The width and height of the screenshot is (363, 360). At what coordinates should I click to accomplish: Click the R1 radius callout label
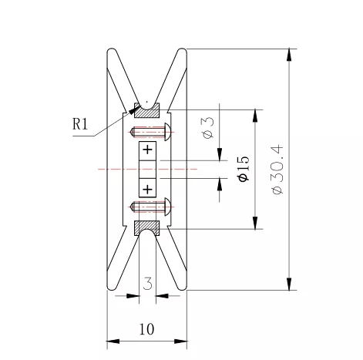[x=80, y=124]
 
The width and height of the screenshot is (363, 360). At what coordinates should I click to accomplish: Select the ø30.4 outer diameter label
[x=277, y=170]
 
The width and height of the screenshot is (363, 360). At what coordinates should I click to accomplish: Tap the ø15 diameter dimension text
[x=244, y=169]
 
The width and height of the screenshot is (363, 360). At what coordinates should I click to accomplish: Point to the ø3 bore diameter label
[x=208, y=128]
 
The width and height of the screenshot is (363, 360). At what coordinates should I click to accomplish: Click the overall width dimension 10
[x=146, y=329]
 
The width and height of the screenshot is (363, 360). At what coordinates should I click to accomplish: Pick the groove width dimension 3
[x=147, y=284]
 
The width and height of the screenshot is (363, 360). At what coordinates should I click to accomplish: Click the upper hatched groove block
[x=147, y=110]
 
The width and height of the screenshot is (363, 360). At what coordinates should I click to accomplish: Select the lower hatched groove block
[x=147, y=228]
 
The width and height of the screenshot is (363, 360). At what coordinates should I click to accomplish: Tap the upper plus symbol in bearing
[x=147, y=150]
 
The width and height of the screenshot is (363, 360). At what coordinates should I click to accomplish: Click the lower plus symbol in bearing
[x=147, y=189]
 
